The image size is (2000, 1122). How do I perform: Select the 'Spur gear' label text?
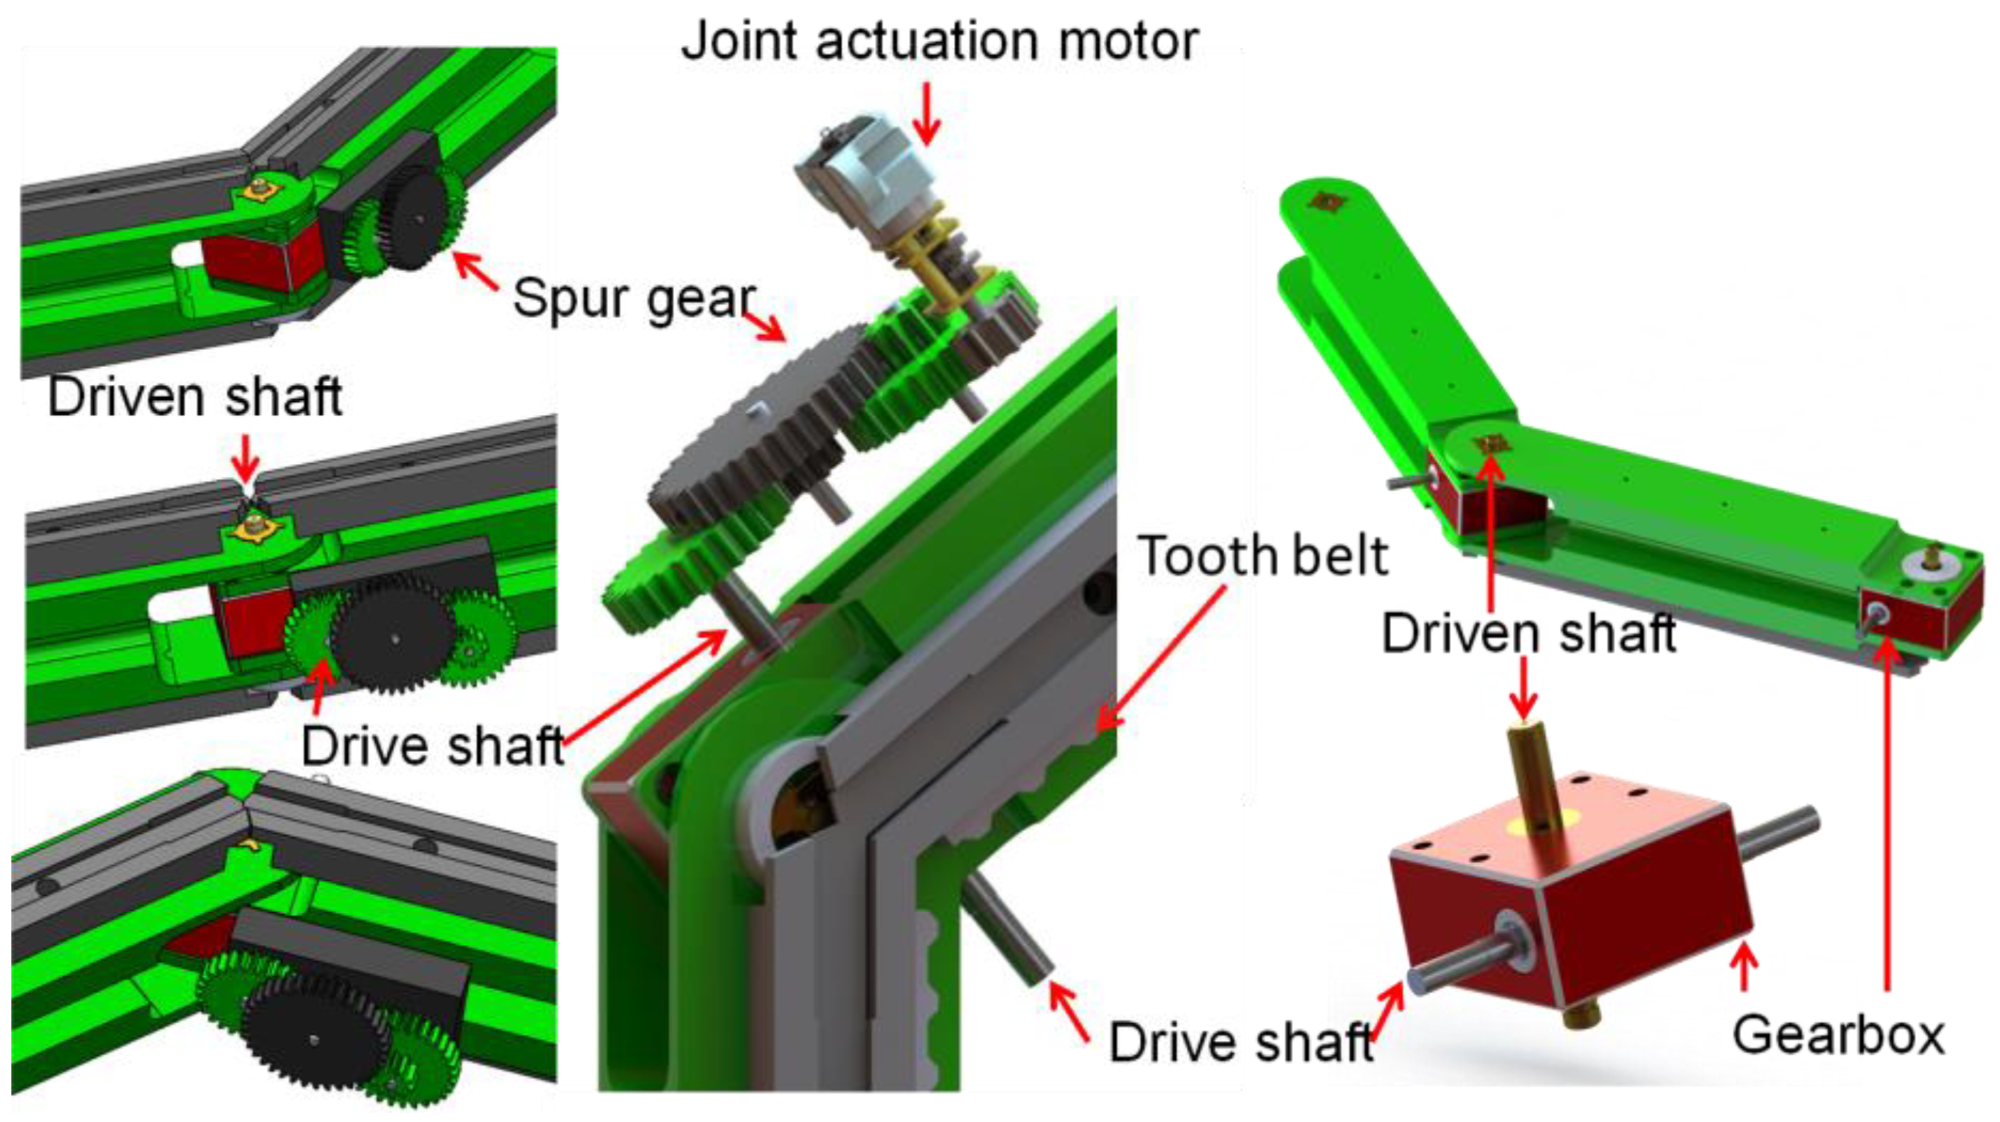click(x=633, y=299)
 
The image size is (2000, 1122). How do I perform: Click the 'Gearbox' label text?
click(x=1839, y=1036)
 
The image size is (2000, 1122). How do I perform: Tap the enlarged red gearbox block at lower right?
click(x=1576, y=909)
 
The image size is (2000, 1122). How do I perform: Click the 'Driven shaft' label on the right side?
click(x=1528, y=633)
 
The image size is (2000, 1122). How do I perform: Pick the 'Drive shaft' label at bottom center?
click(x=1240, y=1042)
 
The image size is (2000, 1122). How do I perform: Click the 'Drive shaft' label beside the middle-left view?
click(x=432, y=746)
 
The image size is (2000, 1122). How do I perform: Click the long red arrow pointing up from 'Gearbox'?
click(x=1888, y=815)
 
